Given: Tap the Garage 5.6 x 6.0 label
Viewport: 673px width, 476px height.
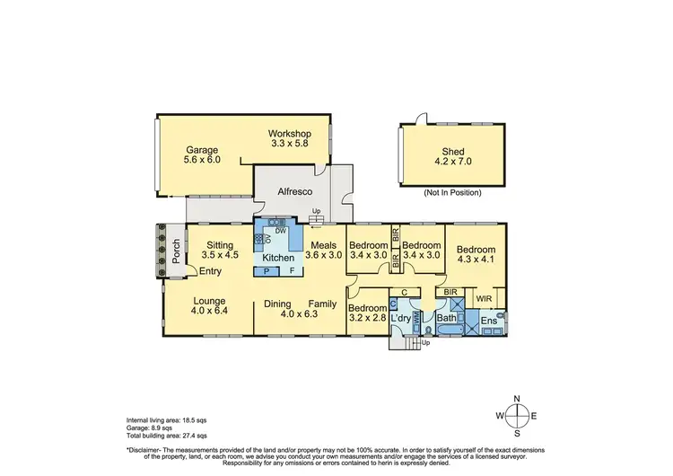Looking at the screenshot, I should point(203,155).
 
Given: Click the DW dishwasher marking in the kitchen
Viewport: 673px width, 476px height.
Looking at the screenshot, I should point(281,231).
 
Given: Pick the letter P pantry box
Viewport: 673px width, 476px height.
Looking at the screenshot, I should point(267,270).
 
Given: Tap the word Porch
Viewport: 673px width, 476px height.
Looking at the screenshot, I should point(177,244).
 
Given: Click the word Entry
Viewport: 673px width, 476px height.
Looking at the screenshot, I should point(211,271).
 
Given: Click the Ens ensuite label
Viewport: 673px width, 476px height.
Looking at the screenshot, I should point(489,320).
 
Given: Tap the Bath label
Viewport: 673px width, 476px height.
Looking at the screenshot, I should point(446,318).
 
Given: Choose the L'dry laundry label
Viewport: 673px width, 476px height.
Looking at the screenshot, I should point(400,318).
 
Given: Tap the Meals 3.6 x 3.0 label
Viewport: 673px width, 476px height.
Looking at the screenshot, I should point(324,249).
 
